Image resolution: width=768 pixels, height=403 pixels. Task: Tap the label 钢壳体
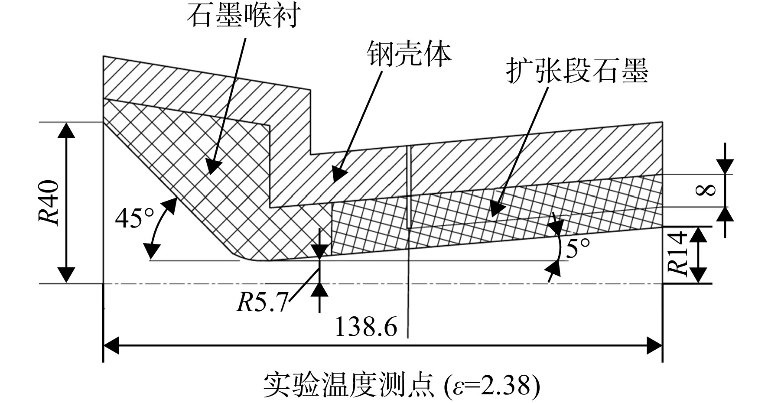(409, 55)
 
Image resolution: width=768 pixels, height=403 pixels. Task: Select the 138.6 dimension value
(366, 327)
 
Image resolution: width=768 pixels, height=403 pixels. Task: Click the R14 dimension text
(677, 253)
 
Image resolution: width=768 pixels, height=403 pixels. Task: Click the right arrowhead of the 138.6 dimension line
(654, 345)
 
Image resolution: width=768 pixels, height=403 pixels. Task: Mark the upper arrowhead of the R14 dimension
(698, 234)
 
